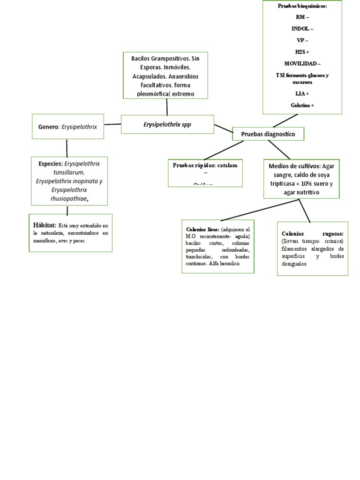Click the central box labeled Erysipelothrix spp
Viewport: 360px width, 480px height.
(x=167, y=124)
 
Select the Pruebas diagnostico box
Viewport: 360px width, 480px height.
(x=268, y=134)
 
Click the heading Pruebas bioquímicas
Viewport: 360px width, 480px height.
(x=302, y=7)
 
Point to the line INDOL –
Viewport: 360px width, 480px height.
(x=302, y=29)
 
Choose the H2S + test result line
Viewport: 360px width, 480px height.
(x=302, y=52)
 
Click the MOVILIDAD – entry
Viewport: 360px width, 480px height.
(x=302, y=63)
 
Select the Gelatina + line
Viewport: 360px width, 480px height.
(x=302, y=105)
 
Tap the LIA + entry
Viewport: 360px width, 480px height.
(x=302, y=94)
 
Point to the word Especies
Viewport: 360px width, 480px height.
(x=51, y=164)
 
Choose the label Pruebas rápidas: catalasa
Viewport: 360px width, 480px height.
(x=204, y=165)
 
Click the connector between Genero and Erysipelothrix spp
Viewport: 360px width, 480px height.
(x=112, y=124)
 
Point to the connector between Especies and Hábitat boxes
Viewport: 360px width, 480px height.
(x=68, y=210)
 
